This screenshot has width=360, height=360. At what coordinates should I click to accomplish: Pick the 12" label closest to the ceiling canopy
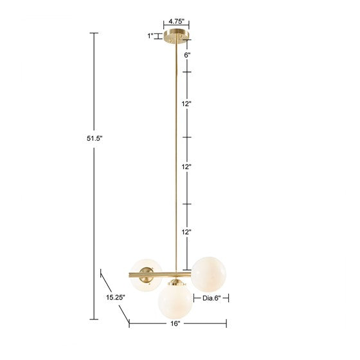tap(187, 104)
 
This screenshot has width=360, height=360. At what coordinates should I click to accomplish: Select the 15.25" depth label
tap(116, 297)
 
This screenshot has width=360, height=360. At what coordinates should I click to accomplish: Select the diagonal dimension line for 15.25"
tap(114, 294)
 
